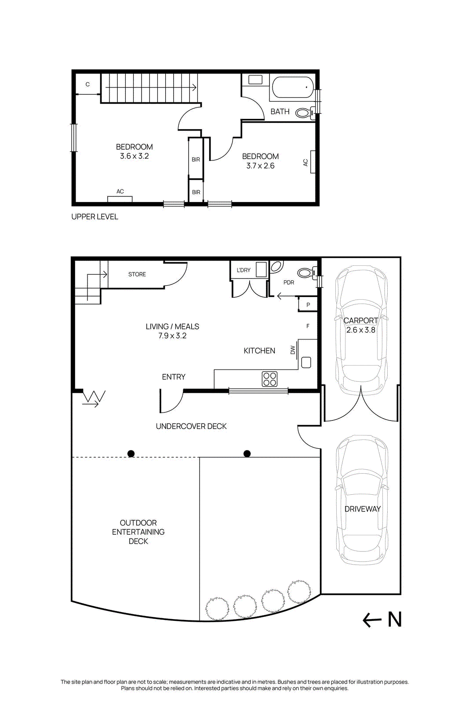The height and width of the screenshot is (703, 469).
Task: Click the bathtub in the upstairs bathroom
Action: click(x=293, y=87)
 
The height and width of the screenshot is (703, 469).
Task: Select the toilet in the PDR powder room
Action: click(x=307, y=272)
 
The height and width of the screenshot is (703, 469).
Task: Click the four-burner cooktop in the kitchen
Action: click(x=269, y=379)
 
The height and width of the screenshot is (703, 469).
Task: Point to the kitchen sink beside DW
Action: click(x=306, y=362)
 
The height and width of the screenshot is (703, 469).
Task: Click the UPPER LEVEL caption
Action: click(x=95, y=217)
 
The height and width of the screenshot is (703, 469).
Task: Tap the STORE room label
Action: click(x=137, y=274)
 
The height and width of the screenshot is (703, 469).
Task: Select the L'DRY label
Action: click(x=244, y=270)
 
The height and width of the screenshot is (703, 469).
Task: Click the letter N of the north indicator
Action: click(x=395, y=620)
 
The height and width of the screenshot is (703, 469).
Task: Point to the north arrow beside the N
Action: click(x=372, y=620)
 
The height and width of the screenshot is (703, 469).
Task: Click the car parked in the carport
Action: click(x=361, y=330)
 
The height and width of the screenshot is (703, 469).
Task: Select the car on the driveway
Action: click(x=362, y=500)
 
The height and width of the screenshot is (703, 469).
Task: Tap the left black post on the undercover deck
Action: click(x=131, y=453)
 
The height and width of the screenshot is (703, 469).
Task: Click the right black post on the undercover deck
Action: click(x=247, y=453)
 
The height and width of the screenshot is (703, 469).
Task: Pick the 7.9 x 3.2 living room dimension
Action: click(x=172, y=336)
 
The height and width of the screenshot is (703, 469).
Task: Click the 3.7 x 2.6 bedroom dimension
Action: click(x=260, y=166)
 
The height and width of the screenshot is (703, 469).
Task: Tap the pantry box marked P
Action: click(x=308, y=304)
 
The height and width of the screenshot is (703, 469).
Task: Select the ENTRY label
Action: click(x=174, y=377)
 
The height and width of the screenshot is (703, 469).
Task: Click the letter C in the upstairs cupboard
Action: click(x=87, y=84)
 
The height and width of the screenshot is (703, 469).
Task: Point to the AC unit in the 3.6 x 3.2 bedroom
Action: click(x=120, y=199)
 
